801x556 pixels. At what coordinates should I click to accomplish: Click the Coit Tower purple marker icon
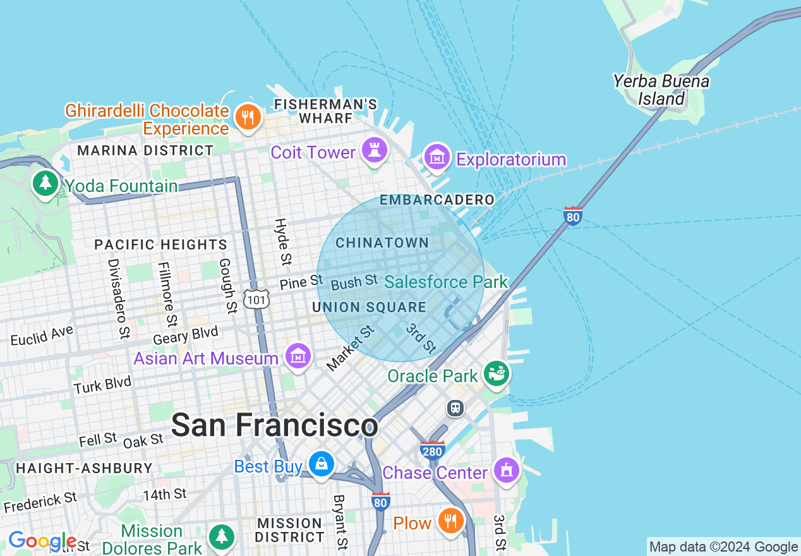375,150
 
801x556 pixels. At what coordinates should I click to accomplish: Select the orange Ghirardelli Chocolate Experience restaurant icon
248,118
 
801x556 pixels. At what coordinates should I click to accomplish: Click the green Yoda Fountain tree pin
45,184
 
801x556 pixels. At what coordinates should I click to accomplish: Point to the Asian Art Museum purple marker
298,356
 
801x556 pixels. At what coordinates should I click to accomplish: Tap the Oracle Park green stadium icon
497,373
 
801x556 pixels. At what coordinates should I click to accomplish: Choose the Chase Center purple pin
507,471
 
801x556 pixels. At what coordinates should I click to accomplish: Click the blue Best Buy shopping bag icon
322,465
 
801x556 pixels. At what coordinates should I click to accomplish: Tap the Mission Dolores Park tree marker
221,537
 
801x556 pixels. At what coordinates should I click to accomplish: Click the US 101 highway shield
257,299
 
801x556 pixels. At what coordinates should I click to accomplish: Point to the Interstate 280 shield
433,450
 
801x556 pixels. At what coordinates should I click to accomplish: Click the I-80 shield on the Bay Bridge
573,216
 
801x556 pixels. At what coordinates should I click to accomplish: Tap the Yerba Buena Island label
661,90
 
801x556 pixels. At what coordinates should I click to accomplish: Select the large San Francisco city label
274,425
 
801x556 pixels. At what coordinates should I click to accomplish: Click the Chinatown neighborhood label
382,243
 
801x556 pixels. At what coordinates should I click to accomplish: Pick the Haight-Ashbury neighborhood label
84,468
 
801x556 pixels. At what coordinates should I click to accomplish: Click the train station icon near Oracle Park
455,408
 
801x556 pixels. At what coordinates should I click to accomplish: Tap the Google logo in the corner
42,541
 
